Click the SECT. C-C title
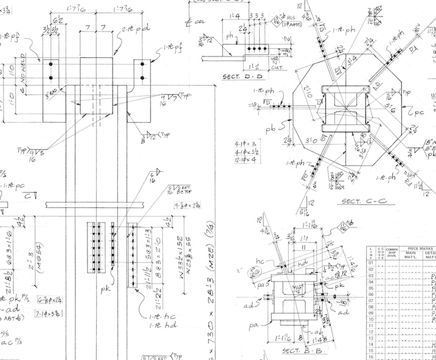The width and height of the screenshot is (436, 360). click(360, 200)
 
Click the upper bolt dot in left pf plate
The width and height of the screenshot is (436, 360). click(51, 64)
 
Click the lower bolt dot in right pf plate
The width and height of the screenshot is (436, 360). click(142, 78)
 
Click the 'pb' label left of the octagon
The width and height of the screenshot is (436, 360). click(272, 128)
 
